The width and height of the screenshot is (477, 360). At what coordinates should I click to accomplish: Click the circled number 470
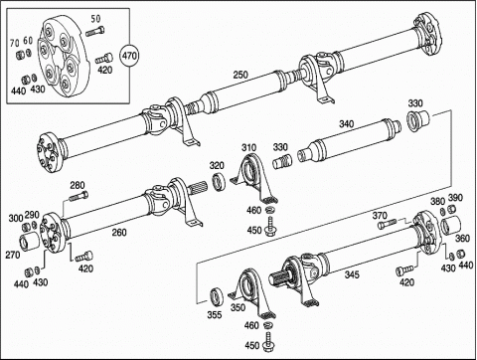pyautogui.click(x=129, y=56)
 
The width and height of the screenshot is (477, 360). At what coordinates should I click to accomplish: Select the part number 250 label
pyautogui.click(x=240, y=75)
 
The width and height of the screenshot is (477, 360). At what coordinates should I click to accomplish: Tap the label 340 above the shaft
pyautogui.click(x=346, y=124)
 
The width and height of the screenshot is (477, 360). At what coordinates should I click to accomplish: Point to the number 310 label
pyautogui.click(x=248, y=147)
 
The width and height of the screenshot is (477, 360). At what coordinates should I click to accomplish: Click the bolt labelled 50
pyautogui.click(x=95, y=32)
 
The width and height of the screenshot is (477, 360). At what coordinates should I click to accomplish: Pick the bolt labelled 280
pyautogui.click(x=79, y=196)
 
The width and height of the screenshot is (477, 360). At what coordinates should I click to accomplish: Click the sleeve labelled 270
pyautogui.click(x=29, y=241)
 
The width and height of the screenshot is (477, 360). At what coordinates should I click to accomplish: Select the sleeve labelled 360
pyautogui.click(x=450, y=225)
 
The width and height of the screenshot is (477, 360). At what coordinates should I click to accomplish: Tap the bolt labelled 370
pyautogui.click(x=388, y=224)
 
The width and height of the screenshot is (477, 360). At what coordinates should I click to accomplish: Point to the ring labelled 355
pyautogui.click(x=217, y=296)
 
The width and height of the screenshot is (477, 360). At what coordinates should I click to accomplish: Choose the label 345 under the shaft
pyautogui.click(x=352, y=274)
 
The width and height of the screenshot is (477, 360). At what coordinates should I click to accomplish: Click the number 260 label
pyautogui.click(x=119, y=233)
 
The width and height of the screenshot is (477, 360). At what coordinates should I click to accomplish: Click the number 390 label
pyautogui.click(x=455, y=198)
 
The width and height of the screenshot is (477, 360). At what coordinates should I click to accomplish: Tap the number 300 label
pyautogui.click(x=16, y=218)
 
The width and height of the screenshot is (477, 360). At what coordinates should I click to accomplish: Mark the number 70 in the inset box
pyautogui.click(x=14, y=43)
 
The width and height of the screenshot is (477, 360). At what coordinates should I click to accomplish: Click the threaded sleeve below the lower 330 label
pyautogui.click(x=282, y=161)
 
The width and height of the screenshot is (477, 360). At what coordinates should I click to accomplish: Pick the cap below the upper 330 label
pyautogui.click(x=417, y=121)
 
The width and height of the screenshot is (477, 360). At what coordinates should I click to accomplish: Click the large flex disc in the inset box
pyautogui.click(x=64, y=57)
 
